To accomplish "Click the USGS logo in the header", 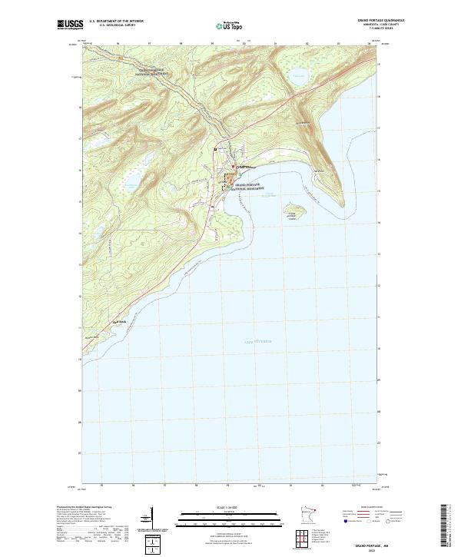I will pyautogui.click(x=71, y=25).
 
